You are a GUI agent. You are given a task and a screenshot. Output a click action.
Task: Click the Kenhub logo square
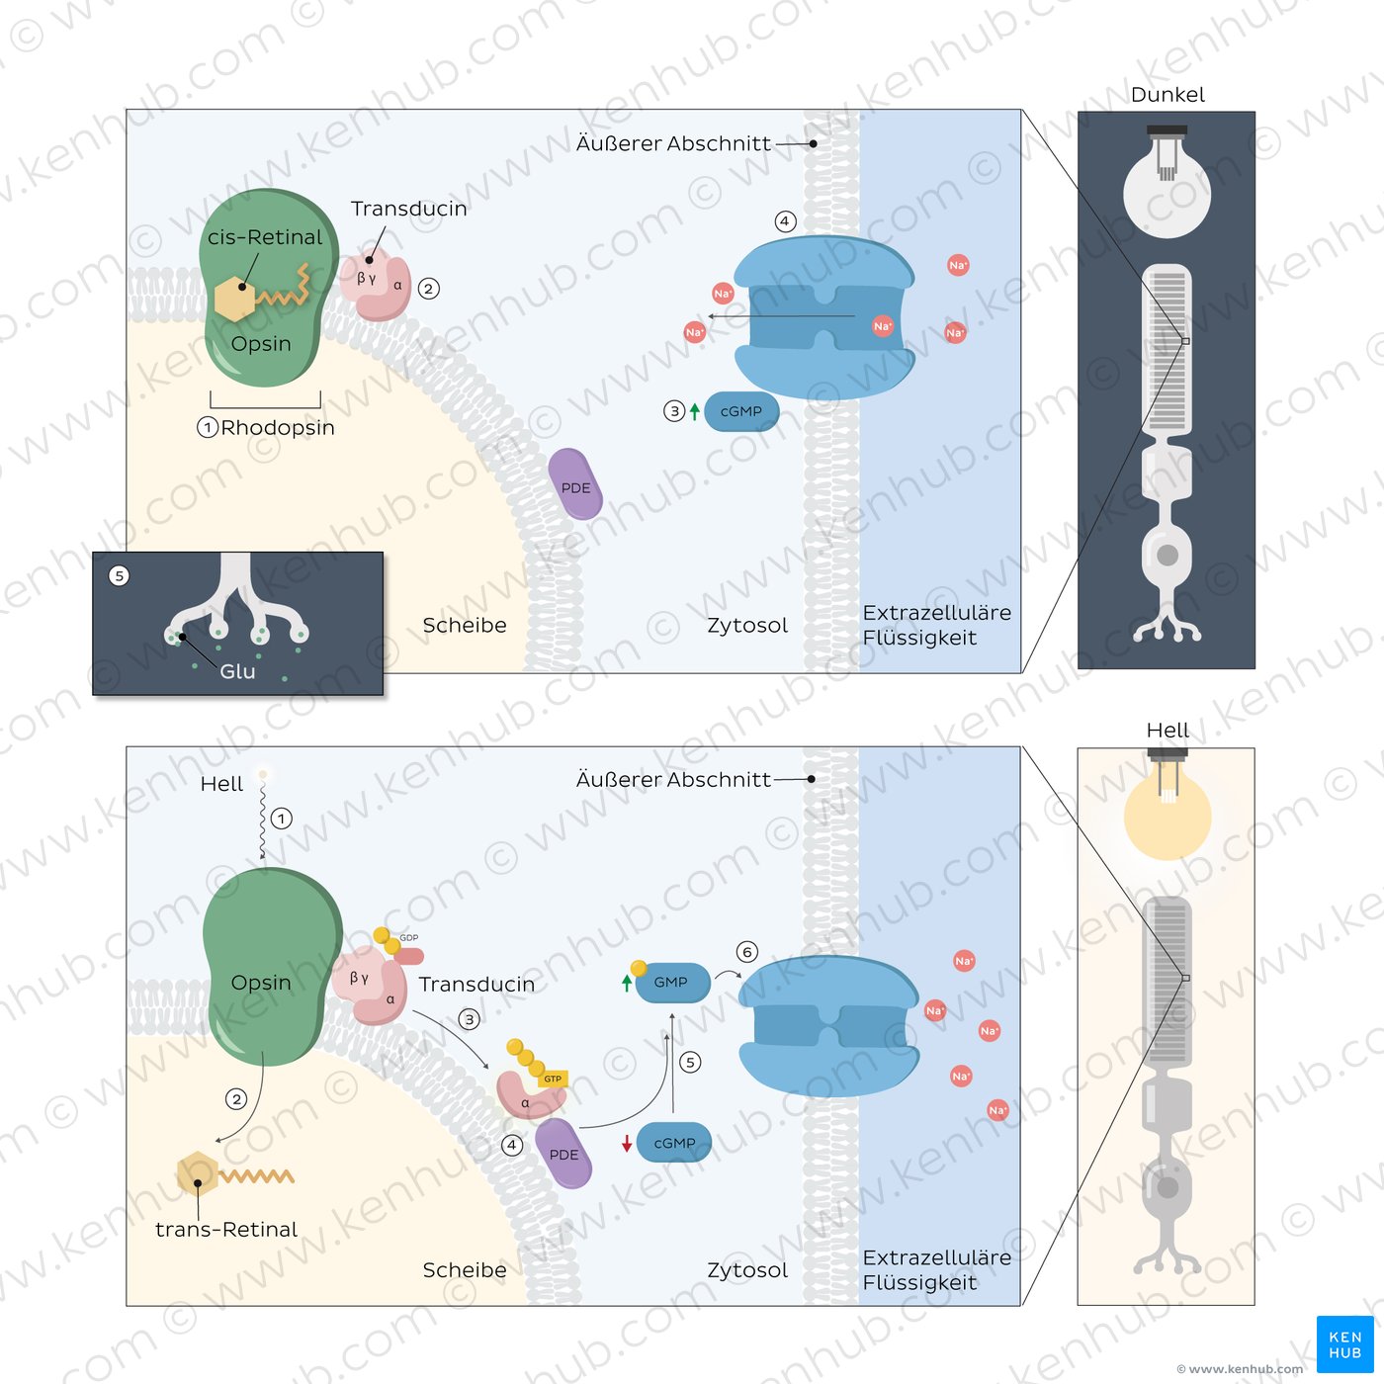[1344, 1343]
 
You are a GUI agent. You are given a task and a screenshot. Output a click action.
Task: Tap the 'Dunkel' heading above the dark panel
[1168, 95]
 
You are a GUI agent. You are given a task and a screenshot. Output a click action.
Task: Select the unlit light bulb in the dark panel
[1168, 182]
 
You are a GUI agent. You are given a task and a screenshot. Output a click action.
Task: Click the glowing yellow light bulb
[1168, 805]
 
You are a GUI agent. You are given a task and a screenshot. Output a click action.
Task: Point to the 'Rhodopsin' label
[277, 427]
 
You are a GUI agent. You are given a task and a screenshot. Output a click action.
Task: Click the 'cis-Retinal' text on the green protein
[265, 237]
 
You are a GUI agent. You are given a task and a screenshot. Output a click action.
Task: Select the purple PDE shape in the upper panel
[574, 484]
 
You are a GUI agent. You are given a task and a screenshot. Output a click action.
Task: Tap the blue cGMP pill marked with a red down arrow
[673, 1143]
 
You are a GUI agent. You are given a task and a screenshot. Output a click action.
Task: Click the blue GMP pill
[672, 982]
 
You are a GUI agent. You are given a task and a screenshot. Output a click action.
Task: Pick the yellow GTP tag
[553, 1079]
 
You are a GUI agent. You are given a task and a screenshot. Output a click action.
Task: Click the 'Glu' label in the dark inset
[237, 671]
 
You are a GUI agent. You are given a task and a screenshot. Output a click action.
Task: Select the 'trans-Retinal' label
[226, 1230]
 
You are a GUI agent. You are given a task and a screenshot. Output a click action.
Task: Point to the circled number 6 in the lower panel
[747, 952]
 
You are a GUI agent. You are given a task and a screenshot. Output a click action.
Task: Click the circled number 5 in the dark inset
[120, 576]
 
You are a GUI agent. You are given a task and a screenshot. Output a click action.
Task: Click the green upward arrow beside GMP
[627, 984]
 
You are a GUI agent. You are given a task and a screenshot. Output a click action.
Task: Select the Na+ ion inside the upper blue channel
[883, 326]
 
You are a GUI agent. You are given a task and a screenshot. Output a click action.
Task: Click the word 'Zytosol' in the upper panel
[747, 626]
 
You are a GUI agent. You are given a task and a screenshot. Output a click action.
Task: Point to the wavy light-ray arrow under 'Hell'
[263, 817]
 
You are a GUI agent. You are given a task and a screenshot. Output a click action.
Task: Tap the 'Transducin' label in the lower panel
[476, 984]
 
